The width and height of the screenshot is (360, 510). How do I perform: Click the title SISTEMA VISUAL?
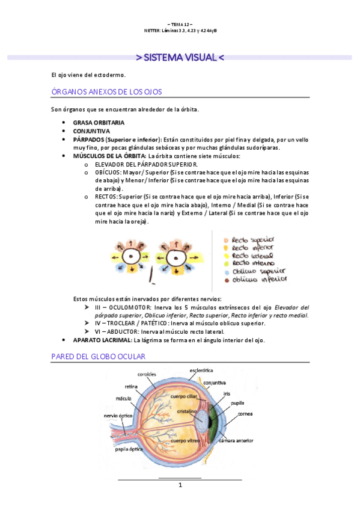point(180,58)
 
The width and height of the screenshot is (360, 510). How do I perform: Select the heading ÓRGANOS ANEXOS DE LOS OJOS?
point(106,92)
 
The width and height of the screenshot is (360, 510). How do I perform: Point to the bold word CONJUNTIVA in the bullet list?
point(91,131)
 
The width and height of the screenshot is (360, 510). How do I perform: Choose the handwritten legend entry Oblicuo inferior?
point(260,279)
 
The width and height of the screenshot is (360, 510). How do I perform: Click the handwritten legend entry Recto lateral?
point(253,255)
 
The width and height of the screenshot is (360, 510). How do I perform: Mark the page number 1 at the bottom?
point(180,485)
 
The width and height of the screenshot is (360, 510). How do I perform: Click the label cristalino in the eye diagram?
point(186,411)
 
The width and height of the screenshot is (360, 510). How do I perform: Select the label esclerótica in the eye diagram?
point(203,370)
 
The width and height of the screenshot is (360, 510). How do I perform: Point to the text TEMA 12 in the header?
point(180,24)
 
